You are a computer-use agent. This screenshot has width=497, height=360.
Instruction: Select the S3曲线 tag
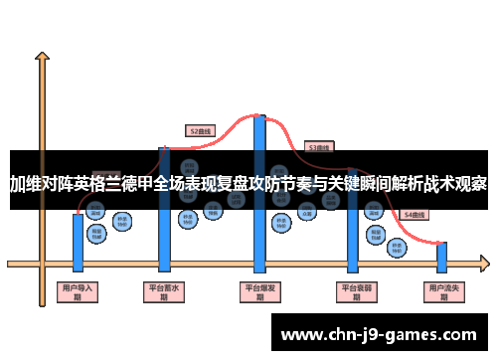pyautogui.click(x=319, y=147)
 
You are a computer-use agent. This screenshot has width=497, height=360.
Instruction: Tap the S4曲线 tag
pyautogui.click(x=414, y=214)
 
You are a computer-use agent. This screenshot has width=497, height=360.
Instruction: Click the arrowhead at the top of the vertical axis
pyautogui.click(x=42, y=58)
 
